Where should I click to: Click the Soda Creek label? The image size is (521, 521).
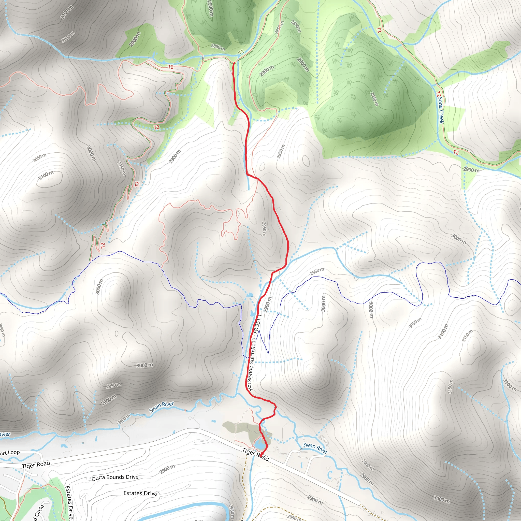(441, 110)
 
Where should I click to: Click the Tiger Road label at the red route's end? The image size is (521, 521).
(255, 454)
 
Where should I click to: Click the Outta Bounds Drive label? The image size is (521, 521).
(115, 477)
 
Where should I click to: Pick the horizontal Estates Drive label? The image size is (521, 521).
(140, 493)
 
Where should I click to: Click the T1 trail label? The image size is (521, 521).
(241, 52)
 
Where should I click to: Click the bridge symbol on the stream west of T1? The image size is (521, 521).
(203, 57)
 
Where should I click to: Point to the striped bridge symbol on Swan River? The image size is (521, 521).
(185, 411)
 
